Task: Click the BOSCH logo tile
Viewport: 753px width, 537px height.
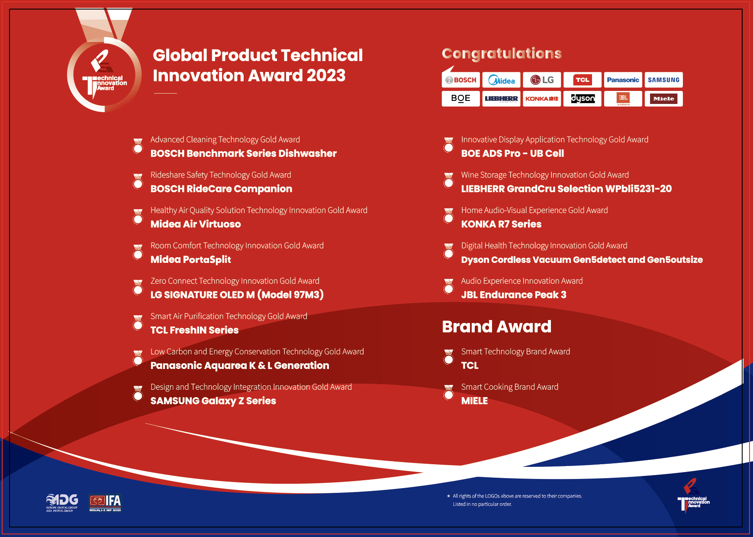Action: pos(461,80)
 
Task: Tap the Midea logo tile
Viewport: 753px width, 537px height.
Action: pos(502,80)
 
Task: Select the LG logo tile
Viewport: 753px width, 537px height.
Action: pos(542,80)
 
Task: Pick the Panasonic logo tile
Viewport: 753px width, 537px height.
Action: pos(623,80)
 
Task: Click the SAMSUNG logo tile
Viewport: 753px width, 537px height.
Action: pos(664,80)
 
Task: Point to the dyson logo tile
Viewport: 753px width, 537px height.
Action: pos(582,99)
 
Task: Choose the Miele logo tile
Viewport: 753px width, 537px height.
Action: pos(664,99)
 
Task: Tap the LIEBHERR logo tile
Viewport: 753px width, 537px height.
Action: pos(502,99)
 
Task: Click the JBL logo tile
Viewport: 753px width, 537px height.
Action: pos(623,99)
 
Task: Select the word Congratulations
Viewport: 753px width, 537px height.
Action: pos(502,54)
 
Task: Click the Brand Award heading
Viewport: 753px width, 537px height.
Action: pos(497,327)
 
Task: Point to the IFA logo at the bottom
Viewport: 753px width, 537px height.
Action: pos(105,503)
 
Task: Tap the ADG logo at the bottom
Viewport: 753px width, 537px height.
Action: pos(62,503)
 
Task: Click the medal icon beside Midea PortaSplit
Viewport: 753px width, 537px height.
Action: pos(138,252)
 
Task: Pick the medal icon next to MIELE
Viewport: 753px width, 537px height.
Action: pos(449,393)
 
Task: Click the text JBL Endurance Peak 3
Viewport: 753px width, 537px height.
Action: pos(514,295)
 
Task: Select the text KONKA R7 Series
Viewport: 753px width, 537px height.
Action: pos(501,224)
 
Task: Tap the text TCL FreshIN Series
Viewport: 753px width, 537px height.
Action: pos(195,330)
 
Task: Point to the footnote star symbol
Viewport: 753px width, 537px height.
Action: pos(448,496)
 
